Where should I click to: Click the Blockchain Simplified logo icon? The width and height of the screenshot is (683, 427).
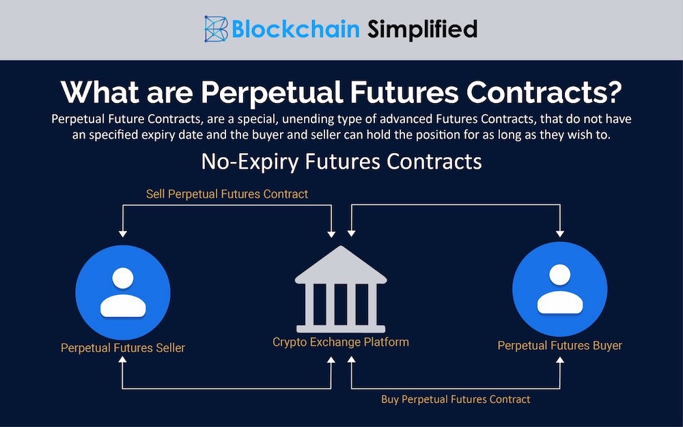tap(217, 29)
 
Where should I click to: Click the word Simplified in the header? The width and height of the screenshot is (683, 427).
tap(422, 29)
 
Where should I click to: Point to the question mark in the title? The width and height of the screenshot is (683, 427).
tap(613, 93)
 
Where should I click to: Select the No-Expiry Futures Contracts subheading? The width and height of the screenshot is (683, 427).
tap(341, 162)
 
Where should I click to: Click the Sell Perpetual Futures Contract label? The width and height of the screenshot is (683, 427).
tap(227, 194)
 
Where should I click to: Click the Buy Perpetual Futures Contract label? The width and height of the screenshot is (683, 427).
tap(456, 399)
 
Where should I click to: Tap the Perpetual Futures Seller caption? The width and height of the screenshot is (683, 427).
tap(123, 348)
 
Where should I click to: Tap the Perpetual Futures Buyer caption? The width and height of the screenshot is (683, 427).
tap(559, 346)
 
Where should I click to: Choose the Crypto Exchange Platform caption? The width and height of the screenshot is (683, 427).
tap(341, 342)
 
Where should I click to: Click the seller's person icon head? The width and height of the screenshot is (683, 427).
tap(123, 278)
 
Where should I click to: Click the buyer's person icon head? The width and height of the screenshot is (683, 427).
tap(559, 275)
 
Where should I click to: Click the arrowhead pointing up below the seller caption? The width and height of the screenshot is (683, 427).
tap(122, 362)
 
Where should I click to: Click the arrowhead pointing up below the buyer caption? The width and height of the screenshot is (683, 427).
tap(560, 362)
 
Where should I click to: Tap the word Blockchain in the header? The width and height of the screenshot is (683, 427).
tap(295, 29)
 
